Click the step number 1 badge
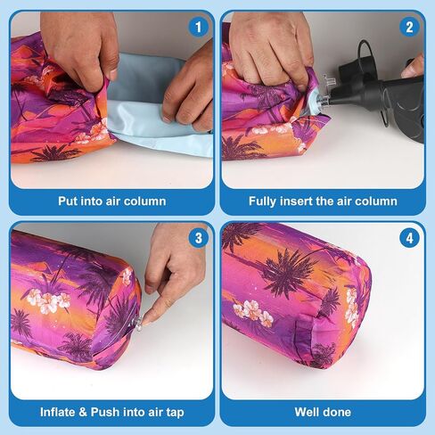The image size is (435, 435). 198,28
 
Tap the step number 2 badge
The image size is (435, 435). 409,28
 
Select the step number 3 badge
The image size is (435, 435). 198,238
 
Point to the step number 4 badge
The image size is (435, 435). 409,238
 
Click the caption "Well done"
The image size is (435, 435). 323,412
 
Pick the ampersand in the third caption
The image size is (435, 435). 83,412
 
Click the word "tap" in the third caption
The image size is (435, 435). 175,413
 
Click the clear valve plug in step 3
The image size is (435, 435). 138,322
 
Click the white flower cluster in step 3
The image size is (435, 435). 49,300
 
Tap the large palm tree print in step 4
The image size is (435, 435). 287,272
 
